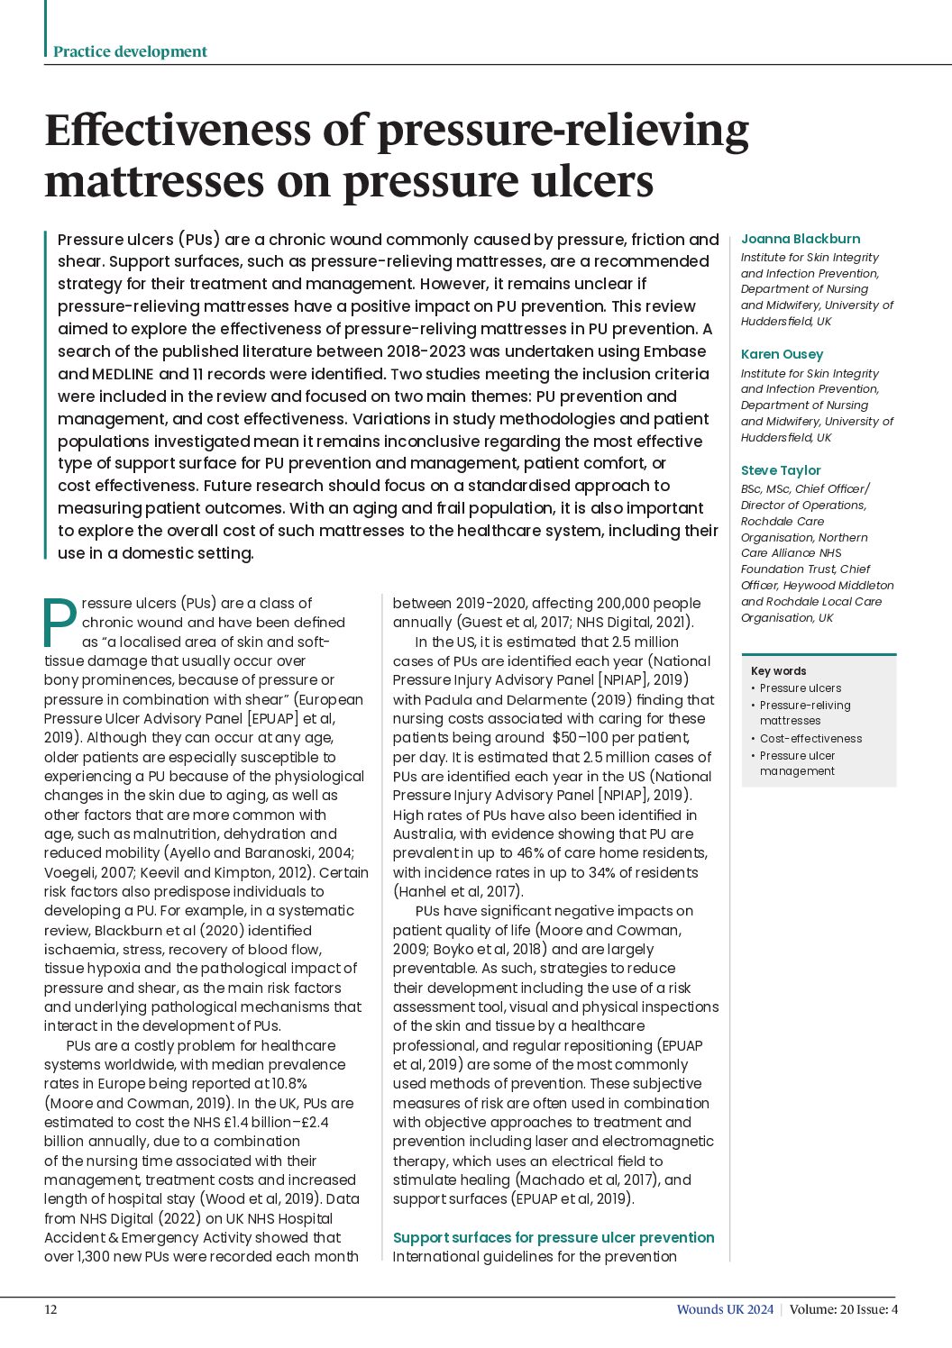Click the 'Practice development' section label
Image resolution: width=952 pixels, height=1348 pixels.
coord(130,51)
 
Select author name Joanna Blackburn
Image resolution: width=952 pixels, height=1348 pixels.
coord(800,239)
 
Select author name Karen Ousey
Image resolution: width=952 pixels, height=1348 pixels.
coord(782,354)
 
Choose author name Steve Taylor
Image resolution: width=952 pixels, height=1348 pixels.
coord(781,470)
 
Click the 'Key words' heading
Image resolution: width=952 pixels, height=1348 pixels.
coord(778,670)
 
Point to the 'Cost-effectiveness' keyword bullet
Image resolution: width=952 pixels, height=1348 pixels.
coord(810,738)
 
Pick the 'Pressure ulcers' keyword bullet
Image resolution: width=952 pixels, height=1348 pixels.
coord(800,688)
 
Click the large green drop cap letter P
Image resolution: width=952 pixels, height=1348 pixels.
coord(60,622)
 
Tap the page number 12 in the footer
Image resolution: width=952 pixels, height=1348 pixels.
coord(50,1309)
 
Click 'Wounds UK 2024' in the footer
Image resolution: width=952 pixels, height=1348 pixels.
coord(725,1309)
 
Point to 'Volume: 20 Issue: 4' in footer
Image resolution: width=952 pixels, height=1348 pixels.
coord(843,1309)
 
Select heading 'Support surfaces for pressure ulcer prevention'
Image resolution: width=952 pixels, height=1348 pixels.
coord(554,1237)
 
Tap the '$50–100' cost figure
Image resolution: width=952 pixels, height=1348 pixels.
coord(581,738)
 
